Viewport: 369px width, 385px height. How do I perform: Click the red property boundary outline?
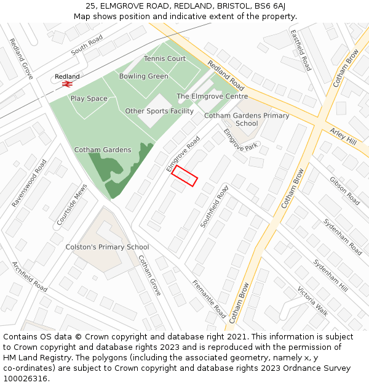(184, 176)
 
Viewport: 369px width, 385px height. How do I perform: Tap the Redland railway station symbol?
(66, 85)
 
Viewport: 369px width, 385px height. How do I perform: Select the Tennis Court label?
(165, 59)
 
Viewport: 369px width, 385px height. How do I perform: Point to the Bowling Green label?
(143, 76)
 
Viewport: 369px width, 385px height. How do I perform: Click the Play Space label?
(89, 99)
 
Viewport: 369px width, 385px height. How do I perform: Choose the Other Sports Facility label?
(159, 111)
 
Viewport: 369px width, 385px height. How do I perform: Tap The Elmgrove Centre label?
(212, 97)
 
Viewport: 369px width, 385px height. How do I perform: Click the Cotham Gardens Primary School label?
(247, 120)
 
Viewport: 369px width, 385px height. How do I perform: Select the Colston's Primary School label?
(107, 247)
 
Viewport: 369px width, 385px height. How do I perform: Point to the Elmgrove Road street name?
(183, 154)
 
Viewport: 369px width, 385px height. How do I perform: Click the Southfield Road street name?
(214, 206)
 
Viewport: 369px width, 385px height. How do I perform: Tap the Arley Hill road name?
(343, 137)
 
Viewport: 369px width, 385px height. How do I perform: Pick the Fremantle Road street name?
(209, 299)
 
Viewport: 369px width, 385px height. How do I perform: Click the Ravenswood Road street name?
(29, 183)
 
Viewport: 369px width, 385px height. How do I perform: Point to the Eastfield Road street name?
(301, 49)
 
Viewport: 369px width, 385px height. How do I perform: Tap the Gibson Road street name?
(345, 191)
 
